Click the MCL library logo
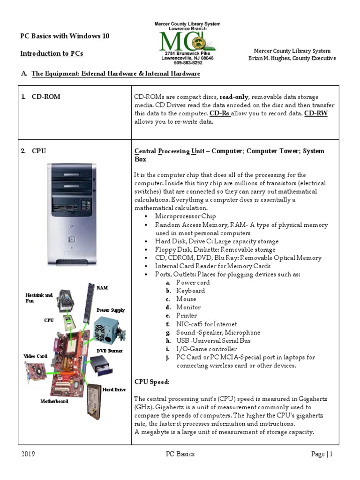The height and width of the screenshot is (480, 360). point(187,42)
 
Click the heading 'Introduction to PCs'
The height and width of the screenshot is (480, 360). point(52,53)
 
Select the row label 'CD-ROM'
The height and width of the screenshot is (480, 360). point(46,97)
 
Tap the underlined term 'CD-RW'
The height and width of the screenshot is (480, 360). point(316,113)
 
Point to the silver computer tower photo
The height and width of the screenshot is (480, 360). point(71,214)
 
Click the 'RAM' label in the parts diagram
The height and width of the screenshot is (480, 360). point(102,287)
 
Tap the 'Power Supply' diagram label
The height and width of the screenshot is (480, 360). point(111,310)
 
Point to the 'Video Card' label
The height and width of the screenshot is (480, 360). point(35,356)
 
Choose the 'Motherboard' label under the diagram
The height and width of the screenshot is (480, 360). point(54,401)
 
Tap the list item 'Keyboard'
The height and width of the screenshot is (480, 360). point(190,291)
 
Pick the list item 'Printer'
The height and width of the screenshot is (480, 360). point(187,315)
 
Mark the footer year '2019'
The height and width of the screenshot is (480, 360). point(28,454)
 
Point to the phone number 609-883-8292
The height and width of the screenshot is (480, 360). point(187,62)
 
